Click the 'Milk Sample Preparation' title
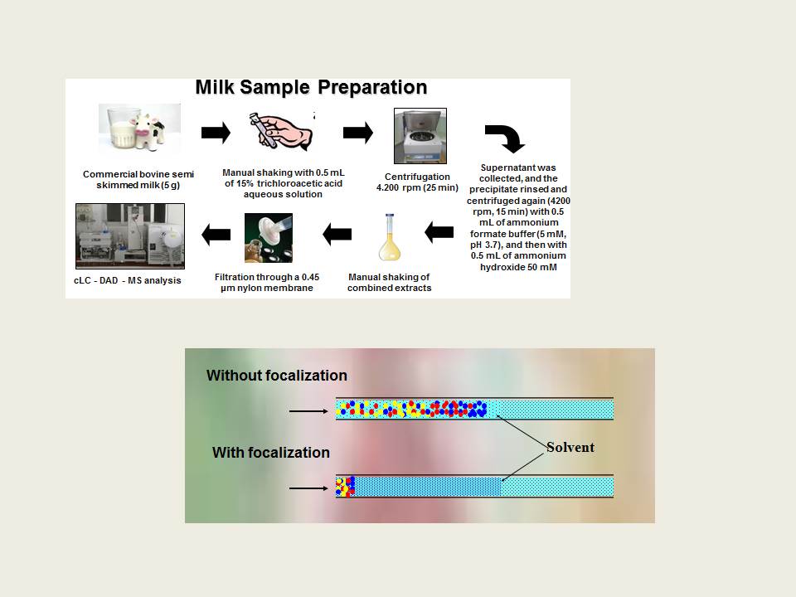click(311, 87)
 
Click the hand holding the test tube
click(281, 131)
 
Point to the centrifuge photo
click(420, 135)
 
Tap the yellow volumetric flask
click(390, 237)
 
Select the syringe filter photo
click(269, 238)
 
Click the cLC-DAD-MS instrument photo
click(130, 236)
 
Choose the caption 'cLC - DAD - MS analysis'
click(128, 280)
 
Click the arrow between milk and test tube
click(216, 133)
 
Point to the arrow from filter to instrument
click(216, 235)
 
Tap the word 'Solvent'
click(570, 447)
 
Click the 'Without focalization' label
click(277, 375)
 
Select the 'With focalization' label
click(271, 453)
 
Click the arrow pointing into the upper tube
click(308, 411)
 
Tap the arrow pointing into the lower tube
click(308, 488)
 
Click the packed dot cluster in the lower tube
click(345, 487)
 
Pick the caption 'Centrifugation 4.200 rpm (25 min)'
click(417, 182)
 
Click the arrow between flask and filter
click(337, 235)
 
